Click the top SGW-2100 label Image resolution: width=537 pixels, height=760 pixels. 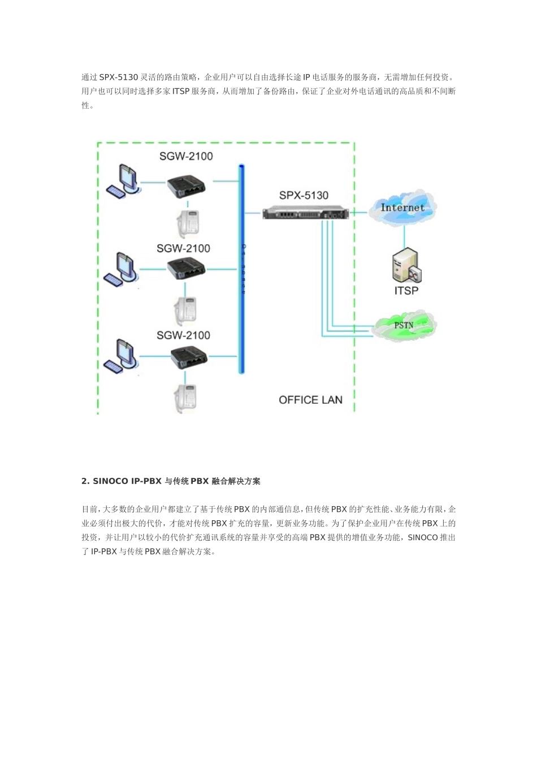[x=185, y=157]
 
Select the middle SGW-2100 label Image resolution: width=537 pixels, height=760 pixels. [x=183, y=248]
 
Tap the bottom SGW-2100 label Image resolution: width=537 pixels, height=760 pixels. [x=183, y=335]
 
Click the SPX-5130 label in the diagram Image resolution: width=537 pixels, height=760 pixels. [x=304, y=196]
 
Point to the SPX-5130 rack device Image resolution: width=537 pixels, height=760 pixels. [x=305, y=213]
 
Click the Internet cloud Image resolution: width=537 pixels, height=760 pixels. [x=402, y=208]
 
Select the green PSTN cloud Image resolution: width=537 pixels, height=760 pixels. [x=404, y=326]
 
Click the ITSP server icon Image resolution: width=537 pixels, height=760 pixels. [x=406, y=266]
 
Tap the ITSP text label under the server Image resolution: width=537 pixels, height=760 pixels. [x=406, y=291]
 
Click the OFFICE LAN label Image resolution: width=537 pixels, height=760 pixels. [x=310, y=400]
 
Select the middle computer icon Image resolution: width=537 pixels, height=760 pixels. [x=120, y=269]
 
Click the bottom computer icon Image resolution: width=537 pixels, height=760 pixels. [x=120, y=356]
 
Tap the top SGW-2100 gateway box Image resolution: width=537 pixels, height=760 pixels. [x=185, y=186]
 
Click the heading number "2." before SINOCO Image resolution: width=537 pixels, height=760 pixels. [x=85, y=481]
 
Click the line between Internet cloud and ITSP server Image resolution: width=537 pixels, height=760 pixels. [x=404, y=235]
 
